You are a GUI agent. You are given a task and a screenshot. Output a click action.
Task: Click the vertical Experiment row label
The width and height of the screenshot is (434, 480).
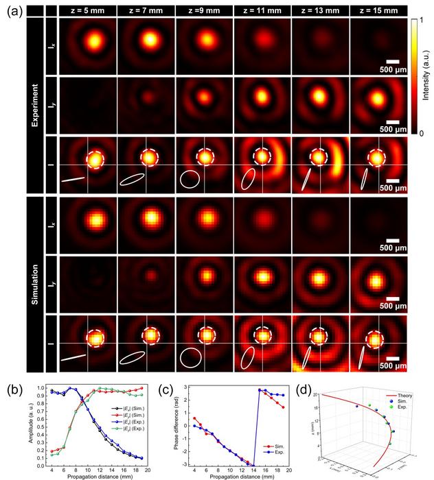pos(32,104)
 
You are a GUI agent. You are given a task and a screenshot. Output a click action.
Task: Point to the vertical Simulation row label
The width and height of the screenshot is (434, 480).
pos(32,283)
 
